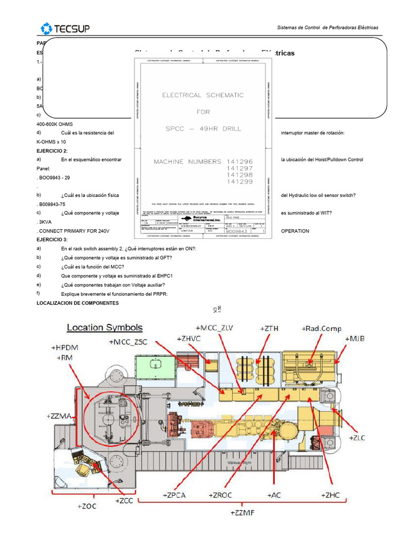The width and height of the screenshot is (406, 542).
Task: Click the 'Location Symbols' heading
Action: point(104,328)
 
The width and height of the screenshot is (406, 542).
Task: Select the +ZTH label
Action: point(269,329)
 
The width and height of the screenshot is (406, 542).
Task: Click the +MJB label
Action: point(355,338)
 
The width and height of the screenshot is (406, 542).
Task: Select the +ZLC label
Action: point(357,438)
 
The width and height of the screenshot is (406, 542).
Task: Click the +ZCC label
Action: point(124,499)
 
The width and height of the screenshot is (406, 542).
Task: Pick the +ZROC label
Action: point(225,495)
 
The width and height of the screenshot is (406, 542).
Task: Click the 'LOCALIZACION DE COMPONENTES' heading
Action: point(77,303)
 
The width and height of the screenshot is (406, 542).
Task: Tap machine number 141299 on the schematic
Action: point(239,182)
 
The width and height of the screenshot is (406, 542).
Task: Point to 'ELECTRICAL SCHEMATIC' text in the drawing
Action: point(203,95)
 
